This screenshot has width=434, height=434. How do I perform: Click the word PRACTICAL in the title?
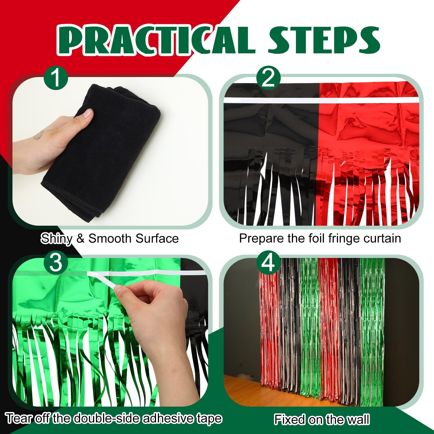tap(156, 40)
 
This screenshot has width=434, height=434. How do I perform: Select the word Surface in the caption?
tap(157, 238)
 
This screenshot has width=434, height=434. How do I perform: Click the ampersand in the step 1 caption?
tap(81, 239)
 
